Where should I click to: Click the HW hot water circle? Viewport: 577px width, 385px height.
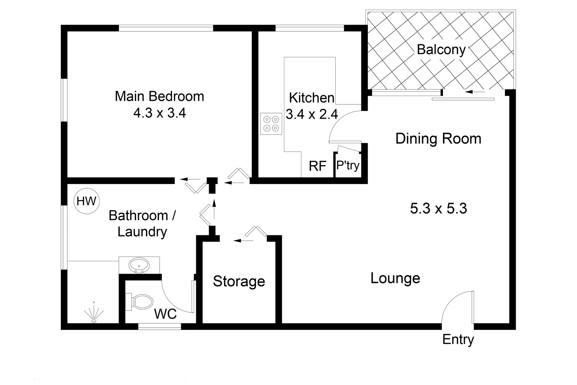87,201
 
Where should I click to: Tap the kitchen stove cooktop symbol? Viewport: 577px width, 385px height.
271,124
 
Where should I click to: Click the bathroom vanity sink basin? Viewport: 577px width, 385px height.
139,265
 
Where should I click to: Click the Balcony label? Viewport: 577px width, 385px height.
441,50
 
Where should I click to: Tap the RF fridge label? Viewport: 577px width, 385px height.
317,166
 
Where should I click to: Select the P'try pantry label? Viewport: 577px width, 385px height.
348,165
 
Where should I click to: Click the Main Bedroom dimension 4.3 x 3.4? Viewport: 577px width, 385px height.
160,113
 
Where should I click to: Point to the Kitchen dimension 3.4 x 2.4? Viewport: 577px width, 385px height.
312,114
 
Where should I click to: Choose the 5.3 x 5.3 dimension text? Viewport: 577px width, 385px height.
438,208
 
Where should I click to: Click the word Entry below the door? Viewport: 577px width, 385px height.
458,339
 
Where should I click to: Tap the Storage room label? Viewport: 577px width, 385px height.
239,281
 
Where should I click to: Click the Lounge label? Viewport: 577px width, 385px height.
395,278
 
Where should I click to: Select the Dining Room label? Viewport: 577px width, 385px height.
438,138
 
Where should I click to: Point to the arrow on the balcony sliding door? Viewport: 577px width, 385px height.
474,92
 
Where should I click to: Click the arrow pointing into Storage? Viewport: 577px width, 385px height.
242,241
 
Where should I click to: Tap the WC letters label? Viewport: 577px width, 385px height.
165,314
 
